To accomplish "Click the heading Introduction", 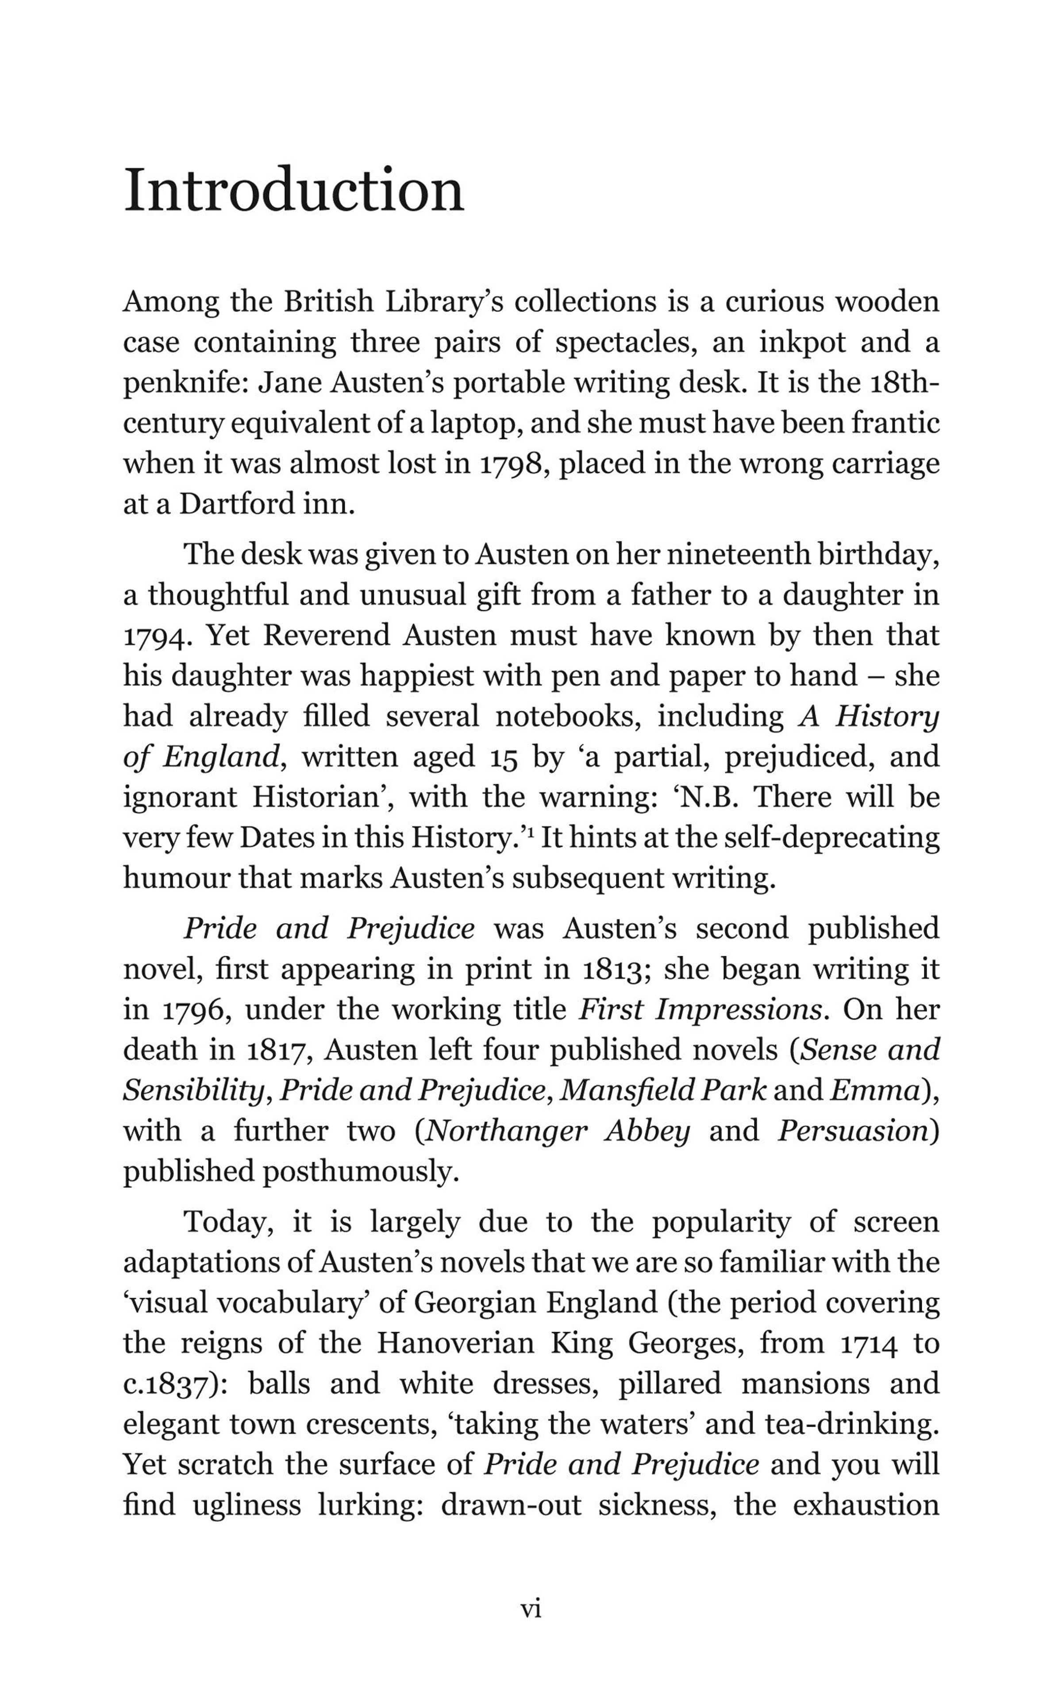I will pos(293,191).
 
